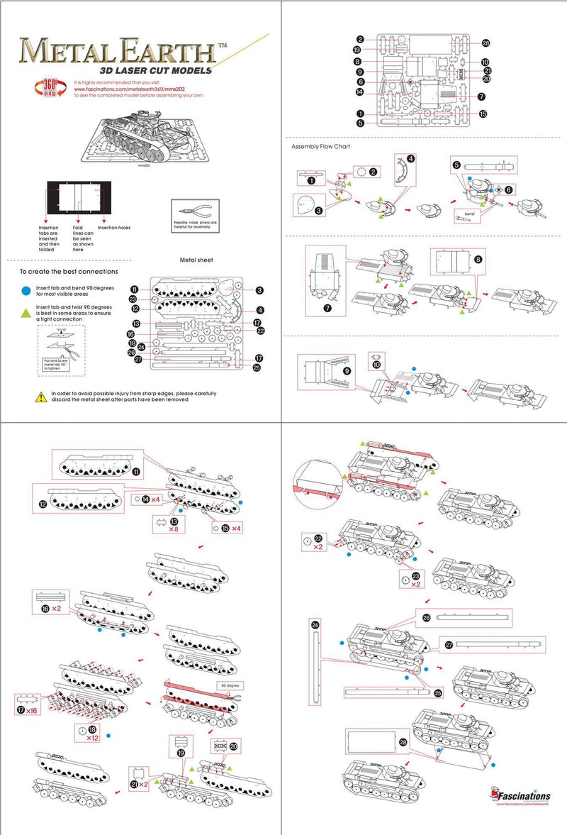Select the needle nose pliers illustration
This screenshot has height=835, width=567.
[x=193, y=211]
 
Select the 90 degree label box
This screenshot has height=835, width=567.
[x=230, y=686]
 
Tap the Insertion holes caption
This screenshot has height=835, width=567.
[x=114, y=228]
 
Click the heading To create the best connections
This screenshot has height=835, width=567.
[x=69, y=272]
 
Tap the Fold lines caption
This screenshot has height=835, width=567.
[x=83, y=238]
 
